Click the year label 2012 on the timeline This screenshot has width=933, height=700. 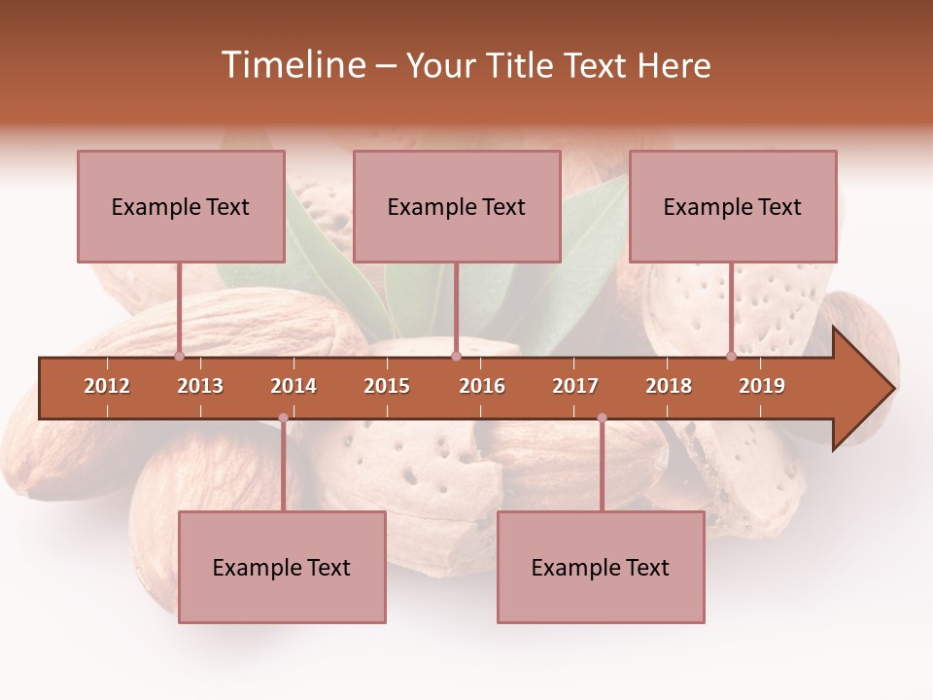pos(107,386)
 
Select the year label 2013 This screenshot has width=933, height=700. pos(200,386)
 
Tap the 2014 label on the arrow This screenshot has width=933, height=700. pos(294,386)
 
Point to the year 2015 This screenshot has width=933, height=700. pos(387,386)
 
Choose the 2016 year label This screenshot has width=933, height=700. pos(482,386)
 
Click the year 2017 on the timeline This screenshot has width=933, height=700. pos(575,386)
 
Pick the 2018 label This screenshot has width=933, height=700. pos(669,386)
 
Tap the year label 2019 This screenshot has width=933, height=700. pos(762,386)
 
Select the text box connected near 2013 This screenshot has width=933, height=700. pos(181,206)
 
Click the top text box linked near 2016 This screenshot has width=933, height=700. pos(457,206)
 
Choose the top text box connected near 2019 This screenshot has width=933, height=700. pos(733,206)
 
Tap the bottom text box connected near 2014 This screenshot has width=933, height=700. pos(282,567)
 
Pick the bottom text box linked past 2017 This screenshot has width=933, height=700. pos(601,567)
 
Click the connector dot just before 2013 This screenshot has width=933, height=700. pos(180,356)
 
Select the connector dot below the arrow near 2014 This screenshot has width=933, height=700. pos(283,418)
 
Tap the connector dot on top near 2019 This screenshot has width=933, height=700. pos(731,356)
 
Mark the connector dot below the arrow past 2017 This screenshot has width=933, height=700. pos(602,418)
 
